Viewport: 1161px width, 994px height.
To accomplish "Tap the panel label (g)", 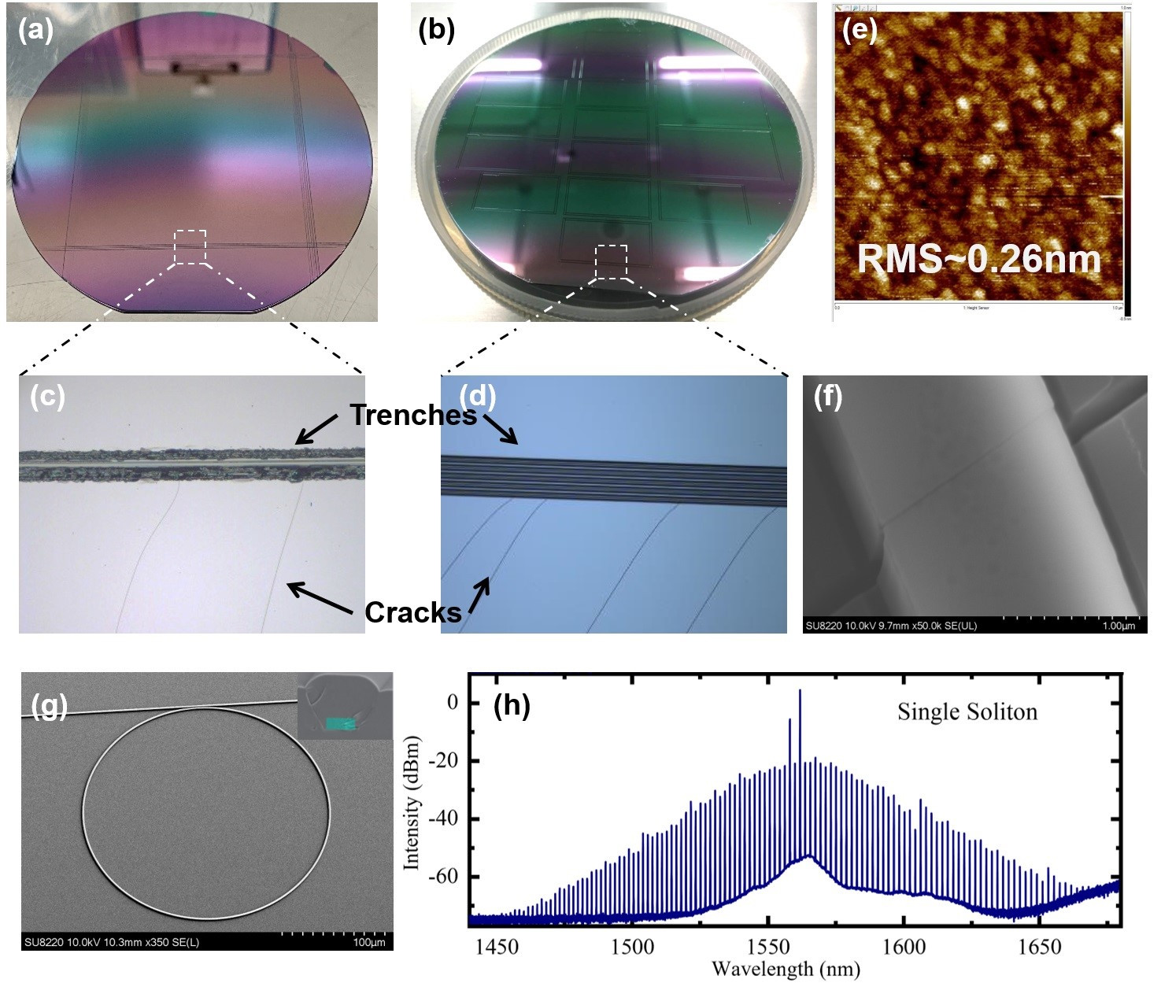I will click(48, 706).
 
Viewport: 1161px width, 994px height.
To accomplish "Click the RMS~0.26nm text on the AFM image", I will click(978, 258).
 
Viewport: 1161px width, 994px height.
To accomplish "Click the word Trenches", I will click(413, 415).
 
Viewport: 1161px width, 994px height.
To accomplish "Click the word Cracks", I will click(413, 612).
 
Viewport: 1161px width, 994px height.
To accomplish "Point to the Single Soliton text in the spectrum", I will click(967, 711).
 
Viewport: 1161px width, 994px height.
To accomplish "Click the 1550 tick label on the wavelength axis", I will click(768, 946).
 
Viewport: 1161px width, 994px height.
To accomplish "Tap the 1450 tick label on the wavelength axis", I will click(497, 946).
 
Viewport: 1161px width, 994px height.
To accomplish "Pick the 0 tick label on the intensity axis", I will click(452, 702).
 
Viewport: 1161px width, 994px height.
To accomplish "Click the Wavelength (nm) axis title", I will click(785, 969).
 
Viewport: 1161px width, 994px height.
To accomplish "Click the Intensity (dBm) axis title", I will click(411, 803).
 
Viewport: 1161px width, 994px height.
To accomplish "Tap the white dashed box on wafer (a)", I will click(190, 247).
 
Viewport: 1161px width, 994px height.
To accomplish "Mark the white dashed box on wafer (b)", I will click(612, 261).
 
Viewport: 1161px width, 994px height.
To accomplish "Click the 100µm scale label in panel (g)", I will click(368, 942).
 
